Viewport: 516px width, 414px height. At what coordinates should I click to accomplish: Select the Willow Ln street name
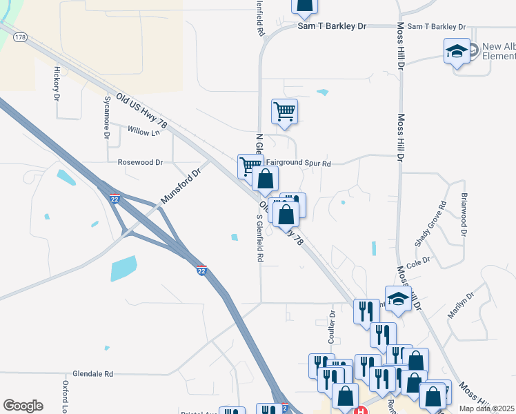coord(143,130)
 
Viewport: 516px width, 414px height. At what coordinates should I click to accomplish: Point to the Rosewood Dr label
coord(140,163)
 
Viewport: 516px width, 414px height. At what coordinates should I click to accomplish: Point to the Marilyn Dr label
coord(461,305)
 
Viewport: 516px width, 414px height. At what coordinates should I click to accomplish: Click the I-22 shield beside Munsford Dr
coord(115,198)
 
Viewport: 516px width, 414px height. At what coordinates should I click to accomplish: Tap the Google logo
coord(23,406)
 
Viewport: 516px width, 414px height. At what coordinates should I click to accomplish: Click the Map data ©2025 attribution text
coord(487,408)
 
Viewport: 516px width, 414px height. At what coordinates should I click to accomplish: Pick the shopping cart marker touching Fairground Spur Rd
coord(250,166)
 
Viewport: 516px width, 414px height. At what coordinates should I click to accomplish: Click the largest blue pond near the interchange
coord(123,268)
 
